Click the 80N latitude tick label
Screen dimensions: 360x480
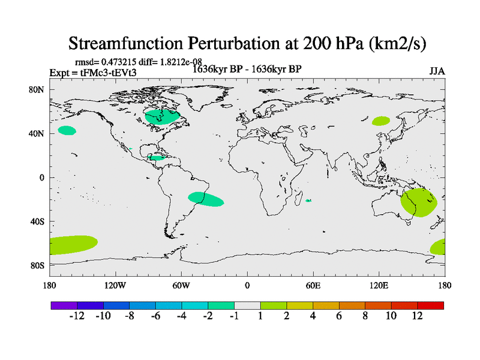point(37,89)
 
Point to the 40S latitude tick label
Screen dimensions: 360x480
point(37,221)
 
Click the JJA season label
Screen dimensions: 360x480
point(437,71)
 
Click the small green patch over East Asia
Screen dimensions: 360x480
point(380,121)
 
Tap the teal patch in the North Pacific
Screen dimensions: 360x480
point(67,130)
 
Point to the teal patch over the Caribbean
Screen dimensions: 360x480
point(157,158)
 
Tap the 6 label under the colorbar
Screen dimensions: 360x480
point(339,316)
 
